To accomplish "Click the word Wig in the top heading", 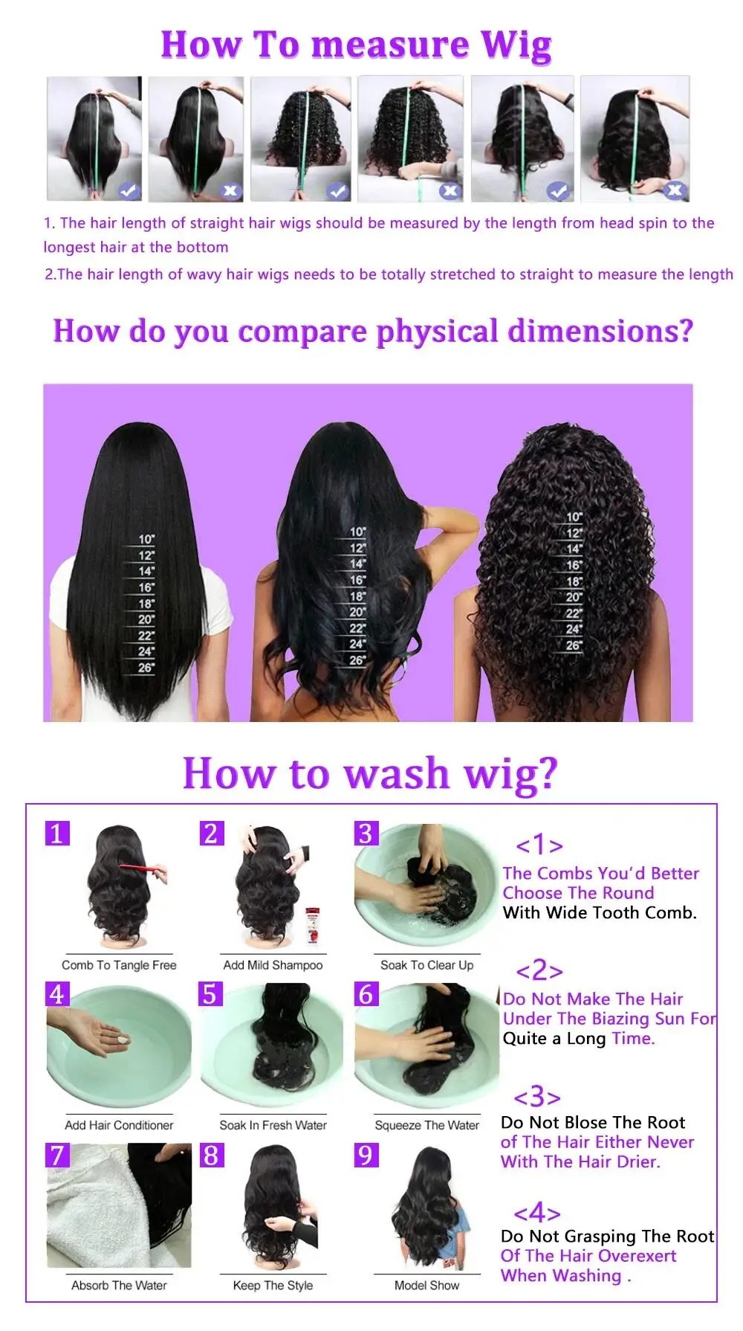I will click(516, 46).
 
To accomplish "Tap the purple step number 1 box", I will click(57, 833).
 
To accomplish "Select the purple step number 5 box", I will click(210, 993).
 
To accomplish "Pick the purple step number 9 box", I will click(366, 1155).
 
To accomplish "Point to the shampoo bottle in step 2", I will click(313, 925).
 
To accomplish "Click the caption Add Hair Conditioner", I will click(119, 1125).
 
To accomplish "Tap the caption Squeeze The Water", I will click(426, 1125).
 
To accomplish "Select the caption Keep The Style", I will click(273, 1285).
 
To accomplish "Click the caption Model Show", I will click(426, 1285).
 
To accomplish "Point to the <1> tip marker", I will click(539, 845).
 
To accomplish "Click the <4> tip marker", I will click(536, 1213).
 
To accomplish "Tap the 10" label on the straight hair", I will click(146, 539).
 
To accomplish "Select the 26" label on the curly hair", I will click(574, 645).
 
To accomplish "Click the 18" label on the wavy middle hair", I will click(358, 596).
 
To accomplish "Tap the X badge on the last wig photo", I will click(674, 190).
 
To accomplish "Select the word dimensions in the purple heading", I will click(600, 332).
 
